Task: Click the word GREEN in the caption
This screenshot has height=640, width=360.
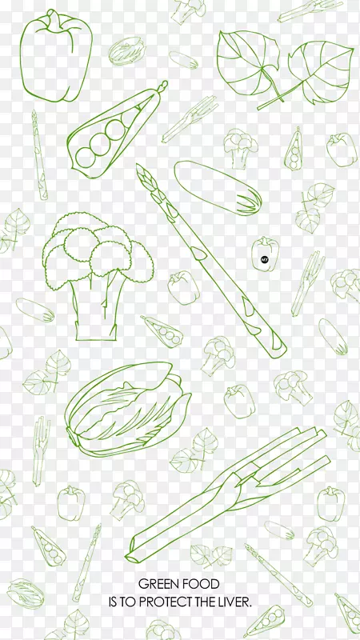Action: pos(158,584)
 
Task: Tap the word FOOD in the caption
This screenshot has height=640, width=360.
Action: pos(202,584)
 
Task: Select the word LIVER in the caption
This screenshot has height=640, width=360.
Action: pos(234,602)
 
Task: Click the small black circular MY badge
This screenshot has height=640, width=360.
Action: pos(264,258)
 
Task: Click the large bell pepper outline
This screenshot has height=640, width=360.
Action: pos(56,56)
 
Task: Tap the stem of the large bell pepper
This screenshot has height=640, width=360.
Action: pos(53,16)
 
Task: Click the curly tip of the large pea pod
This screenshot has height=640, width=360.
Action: pos(163,86)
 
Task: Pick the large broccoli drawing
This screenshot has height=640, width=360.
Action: pos(98,274)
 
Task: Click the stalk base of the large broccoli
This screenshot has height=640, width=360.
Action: pos(96,331)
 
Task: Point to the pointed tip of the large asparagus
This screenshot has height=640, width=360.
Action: pos(138,166)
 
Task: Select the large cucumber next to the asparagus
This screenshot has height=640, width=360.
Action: pos(218,188)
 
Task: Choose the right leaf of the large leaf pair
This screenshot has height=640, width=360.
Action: pos(322,70)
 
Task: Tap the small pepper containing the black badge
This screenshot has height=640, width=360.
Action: pos(265,254)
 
